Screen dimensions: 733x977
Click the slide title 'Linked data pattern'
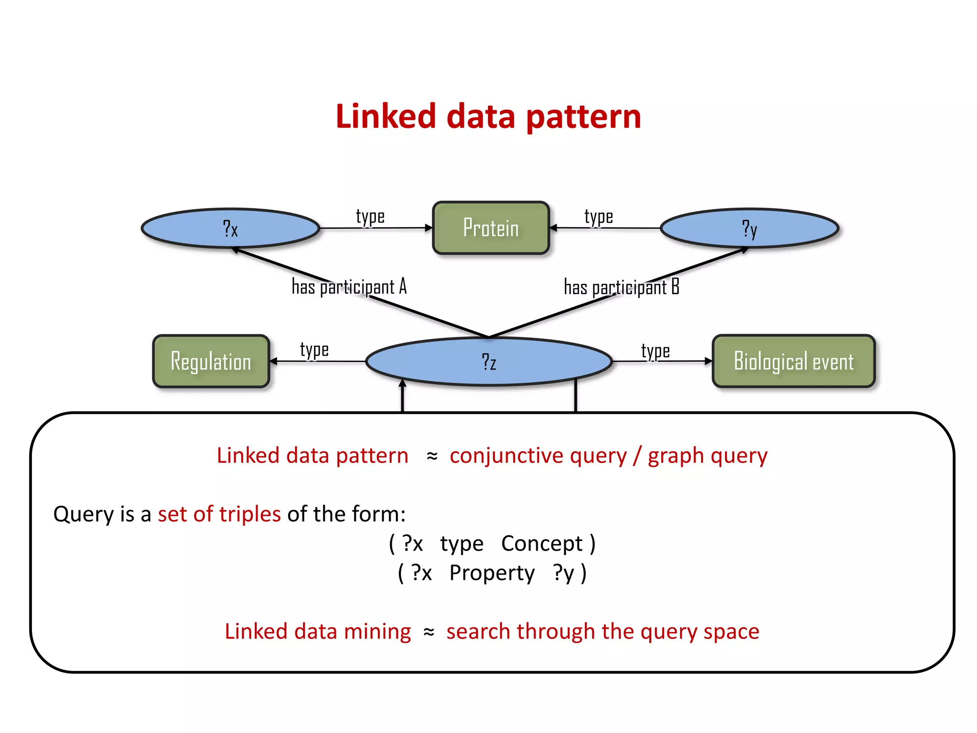[x=488, y=116]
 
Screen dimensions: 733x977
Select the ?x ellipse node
[x=230, y=228]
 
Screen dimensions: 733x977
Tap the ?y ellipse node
[x=749, y=228]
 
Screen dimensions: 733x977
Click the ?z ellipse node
[x=488, y=361]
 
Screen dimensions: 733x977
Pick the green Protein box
[x=491, y=228]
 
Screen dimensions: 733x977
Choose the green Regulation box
[x=211, y=361]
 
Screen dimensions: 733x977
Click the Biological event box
[x=793, y=361]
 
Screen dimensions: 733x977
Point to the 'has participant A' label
[x=349, y=287]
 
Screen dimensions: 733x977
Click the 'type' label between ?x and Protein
[x=370, y=217]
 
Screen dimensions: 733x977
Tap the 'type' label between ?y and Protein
[x=599, y=217]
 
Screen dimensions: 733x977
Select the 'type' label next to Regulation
[x=314, y=350]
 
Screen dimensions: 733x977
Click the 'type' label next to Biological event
[x=655, y=351]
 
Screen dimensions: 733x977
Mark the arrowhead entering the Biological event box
[x=708, y=361]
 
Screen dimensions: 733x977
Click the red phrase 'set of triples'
[x=219, y=514]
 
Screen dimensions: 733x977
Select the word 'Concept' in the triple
[x=542, y=544]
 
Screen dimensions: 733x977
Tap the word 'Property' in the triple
[x=492, y=573]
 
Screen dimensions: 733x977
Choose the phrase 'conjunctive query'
[x=538, y=456]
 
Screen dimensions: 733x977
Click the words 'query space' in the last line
[x=699, y=631]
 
